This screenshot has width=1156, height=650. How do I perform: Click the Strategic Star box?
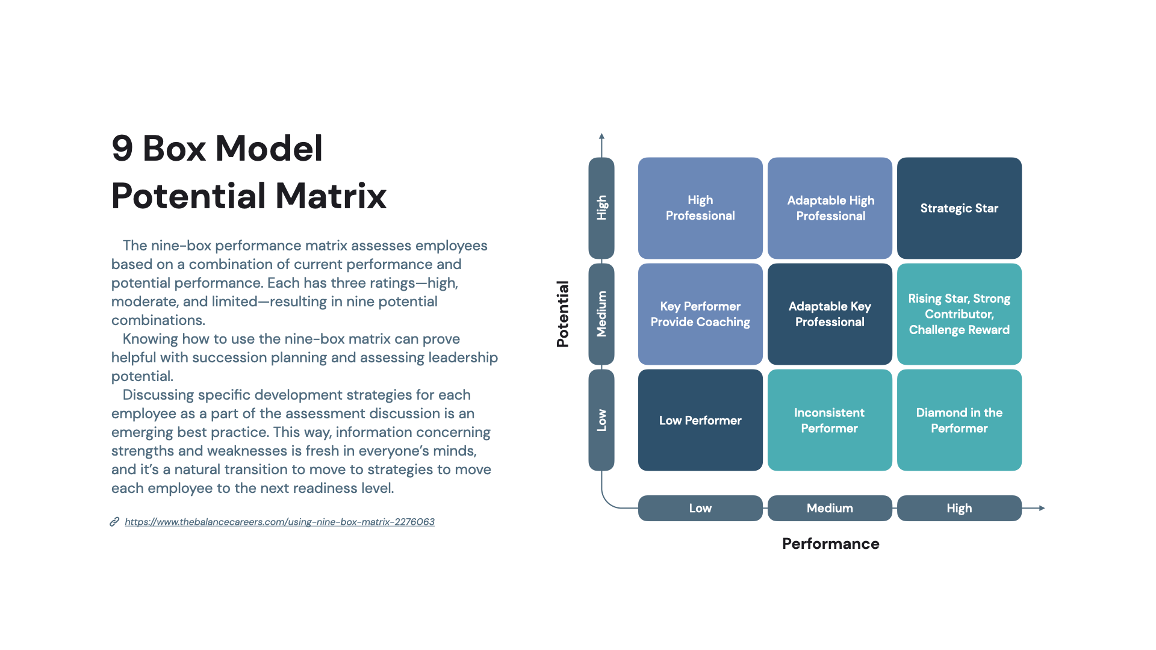point(959,208)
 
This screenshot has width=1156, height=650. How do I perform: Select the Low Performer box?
point(700,420)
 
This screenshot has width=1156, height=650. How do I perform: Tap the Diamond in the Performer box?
point(959,420)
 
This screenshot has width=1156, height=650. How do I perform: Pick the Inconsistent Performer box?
point(830,420)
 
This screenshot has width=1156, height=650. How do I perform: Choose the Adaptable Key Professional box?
point(830,314)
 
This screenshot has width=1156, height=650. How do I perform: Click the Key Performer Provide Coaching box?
point(700,314)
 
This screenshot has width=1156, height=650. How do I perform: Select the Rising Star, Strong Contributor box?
point(959,314)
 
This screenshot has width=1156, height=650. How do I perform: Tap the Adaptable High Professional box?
point(830,208)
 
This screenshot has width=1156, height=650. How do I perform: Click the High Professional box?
point(700,208)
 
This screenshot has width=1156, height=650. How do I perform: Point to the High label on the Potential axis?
point(601,208)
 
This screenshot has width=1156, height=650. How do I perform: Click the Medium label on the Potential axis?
point(601,314)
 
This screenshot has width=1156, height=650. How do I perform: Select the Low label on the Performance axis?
point(700,508)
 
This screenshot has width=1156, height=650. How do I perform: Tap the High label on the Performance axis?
point(959,508)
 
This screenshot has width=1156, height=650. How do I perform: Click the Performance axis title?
point(830,543)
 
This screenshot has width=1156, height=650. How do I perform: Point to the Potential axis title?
point(562,314)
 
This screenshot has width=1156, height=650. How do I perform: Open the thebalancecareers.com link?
point(279,522)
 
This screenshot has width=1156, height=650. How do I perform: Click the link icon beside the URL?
point(114,522)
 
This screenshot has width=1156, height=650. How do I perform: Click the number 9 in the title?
point(122,148)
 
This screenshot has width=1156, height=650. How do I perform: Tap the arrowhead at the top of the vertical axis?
point(601,136)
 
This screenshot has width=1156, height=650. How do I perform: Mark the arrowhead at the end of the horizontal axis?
point(1042,508)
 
